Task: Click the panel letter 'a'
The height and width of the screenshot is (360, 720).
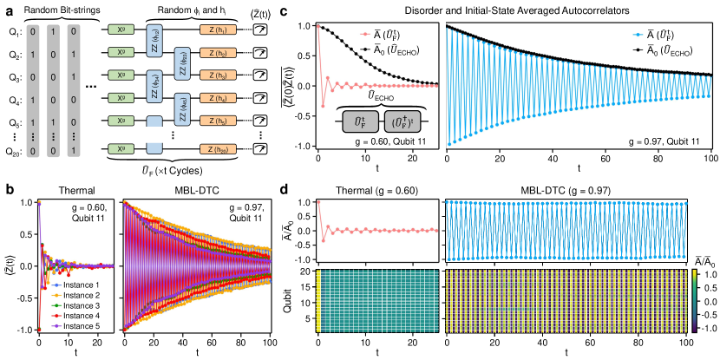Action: [x=7, y=8]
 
